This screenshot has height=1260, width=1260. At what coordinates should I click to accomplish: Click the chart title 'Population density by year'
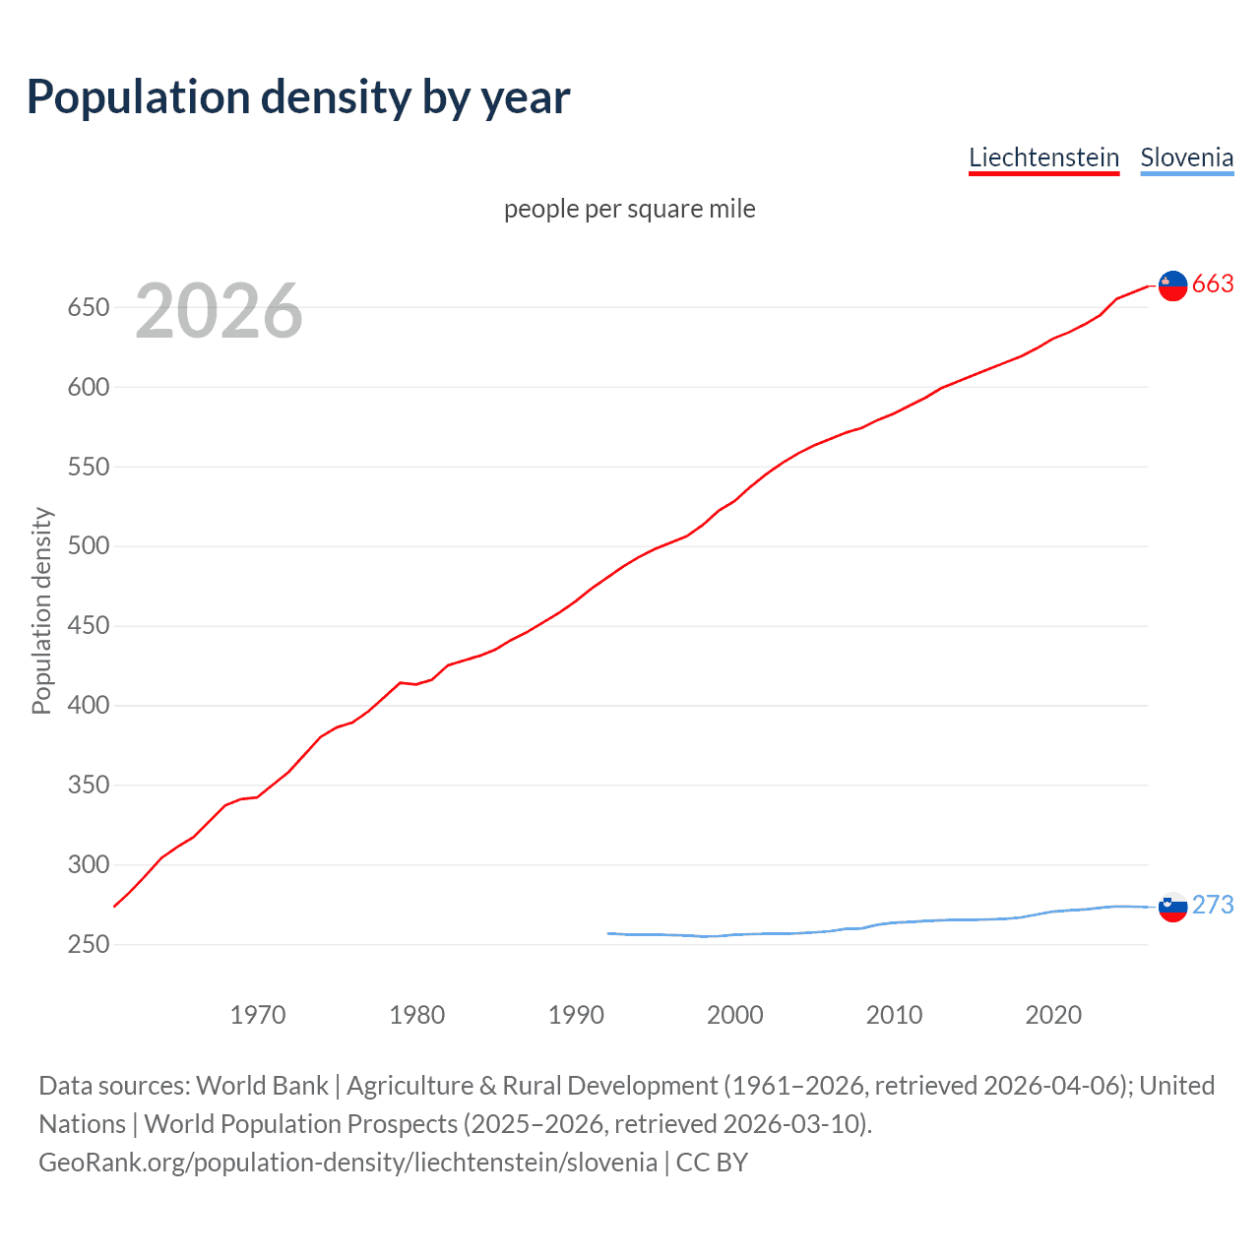298,97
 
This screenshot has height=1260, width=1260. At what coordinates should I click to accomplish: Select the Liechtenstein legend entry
1043,157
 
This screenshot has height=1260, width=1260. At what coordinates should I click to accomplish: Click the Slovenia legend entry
1186,157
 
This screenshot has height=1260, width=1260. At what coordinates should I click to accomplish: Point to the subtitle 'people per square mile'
629,209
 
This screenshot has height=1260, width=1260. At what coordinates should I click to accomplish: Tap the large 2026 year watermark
219,311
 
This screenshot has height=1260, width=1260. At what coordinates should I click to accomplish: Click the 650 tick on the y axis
88,307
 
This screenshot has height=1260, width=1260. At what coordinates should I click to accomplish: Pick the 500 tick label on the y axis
88,546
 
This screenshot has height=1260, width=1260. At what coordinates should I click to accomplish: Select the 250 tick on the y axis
88,945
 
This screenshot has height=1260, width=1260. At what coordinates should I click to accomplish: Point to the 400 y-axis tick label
88,706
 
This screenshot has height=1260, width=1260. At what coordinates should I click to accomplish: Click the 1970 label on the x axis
258,1015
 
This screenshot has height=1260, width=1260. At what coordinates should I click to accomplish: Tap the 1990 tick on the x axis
576,1015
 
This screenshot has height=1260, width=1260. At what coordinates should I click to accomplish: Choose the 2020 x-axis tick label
1053,1015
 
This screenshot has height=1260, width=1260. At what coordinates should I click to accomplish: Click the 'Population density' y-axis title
41,610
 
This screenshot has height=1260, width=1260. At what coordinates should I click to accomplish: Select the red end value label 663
1213,284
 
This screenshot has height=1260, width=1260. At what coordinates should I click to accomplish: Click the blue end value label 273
1213,906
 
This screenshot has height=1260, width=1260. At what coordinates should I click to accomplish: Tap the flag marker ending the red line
1172,285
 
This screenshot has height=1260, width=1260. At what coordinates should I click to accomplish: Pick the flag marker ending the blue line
1172,907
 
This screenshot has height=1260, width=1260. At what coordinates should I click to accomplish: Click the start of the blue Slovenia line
609,933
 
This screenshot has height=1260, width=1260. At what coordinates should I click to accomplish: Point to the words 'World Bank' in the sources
262,1086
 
